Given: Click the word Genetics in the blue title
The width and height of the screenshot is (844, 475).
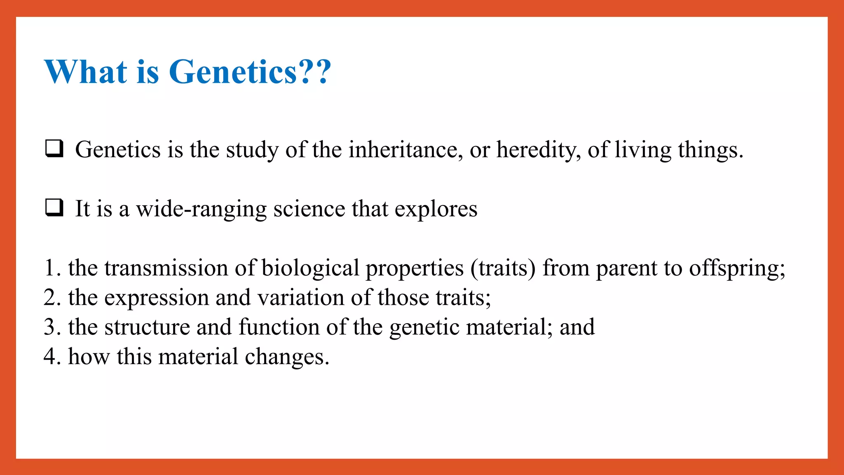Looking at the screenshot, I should click(233, 72).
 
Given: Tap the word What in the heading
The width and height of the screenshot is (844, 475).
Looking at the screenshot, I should click(85, 72).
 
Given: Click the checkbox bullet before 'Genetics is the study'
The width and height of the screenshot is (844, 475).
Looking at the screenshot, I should click(54, 149).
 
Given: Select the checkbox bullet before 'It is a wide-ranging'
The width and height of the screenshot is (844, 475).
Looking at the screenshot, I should click(54, 208).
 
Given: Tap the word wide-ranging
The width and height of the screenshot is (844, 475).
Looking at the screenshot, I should click(201, 209).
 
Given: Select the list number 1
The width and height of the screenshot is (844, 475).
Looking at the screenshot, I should click(49, 268).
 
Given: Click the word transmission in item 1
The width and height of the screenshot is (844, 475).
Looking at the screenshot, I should click(166, 268).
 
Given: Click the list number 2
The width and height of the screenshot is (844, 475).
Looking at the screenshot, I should click(50, 298).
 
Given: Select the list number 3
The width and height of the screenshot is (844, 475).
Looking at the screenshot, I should click(50, 327).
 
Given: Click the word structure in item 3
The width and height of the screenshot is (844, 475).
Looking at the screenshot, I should click(147, 327).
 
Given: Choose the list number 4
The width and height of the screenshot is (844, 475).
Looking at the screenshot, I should click(50, 357).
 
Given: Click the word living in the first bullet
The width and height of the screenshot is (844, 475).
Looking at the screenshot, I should click(642, 150).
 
